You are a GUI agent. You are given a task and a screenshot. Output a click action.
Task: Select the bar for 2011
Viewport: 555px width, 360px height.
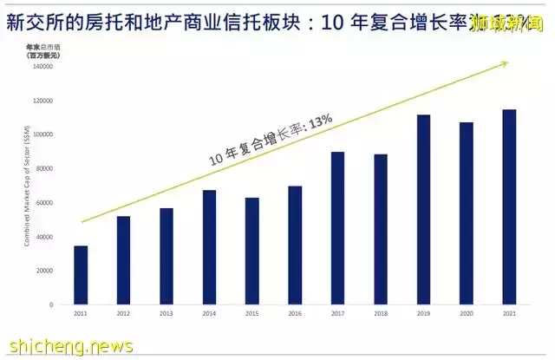point(81,275)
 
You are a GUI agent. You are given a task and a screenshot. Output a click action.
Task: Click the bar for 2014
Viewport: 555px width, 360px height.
point(209,247)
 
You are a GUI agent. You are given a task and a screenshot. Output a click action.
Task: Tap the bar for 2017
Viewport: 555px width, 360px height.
point(338,228)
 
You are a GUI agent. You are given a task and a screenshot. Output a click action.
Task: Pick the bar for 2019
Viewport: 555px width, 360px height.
point(423,209)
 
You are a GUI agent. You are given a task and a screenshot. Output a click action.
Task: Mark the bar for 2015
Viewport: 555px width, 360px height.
point(252,251)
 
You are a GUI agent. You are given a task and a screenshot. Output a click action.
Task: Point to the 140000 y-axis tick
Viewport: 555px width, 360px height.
point(42,67)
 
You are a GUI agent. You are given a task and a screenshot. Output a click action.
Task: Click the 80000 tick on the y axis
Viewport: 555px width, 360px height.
point(44,168)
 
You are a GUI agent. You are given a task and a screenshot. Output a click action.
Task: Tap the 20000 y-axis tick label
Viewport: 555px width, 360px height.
point(44,271)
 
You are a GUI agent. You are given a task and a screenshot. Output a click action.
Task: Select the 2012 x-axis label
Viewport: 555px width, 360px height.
point(123,313)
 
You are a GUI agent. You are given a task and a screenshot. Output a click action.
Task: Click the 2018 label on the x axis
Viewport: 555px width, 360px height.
point(381,313)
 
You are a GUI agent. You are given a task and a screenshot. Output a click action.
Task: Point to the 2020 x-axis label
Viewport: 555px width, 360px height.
point(467,313)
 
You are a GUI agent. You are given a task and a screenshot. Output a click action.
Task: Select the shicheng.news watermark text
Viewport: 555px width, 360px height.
point(68,346)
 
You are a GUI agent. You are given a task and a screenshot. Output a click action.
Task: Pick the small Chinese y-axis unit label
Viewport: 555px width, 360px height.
point(40,49)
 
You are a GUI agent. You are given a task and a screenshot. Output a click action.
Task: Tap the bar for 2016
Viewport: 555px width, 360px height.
point(295,245)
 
